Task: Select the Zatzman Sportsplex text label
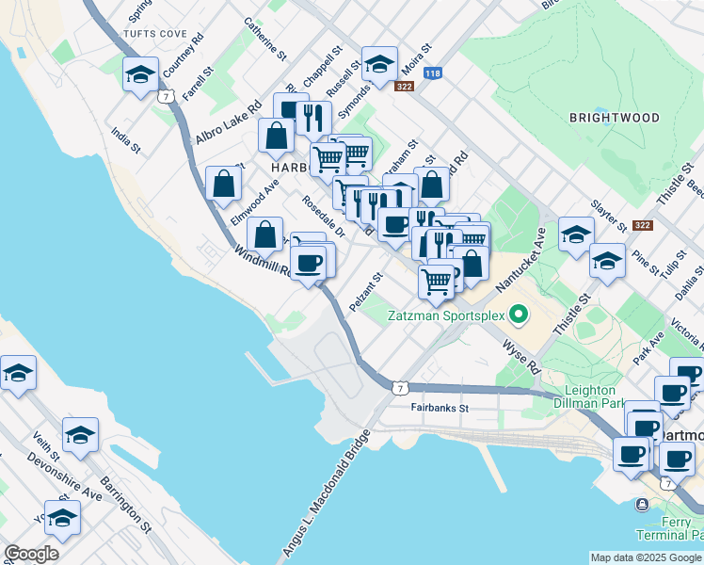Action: tap(446, 316)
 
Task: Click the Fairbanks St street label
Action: tap(440, 409)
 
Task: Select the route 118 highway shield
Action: tap(432, 73)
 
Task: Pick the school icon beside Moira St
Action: tap(379, 65)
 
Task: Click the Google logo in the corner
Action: tap(31, 554)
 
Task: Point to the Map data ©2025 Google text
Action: tap(647, 557)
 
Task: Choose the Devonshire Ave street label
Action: tap(67, 478)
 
